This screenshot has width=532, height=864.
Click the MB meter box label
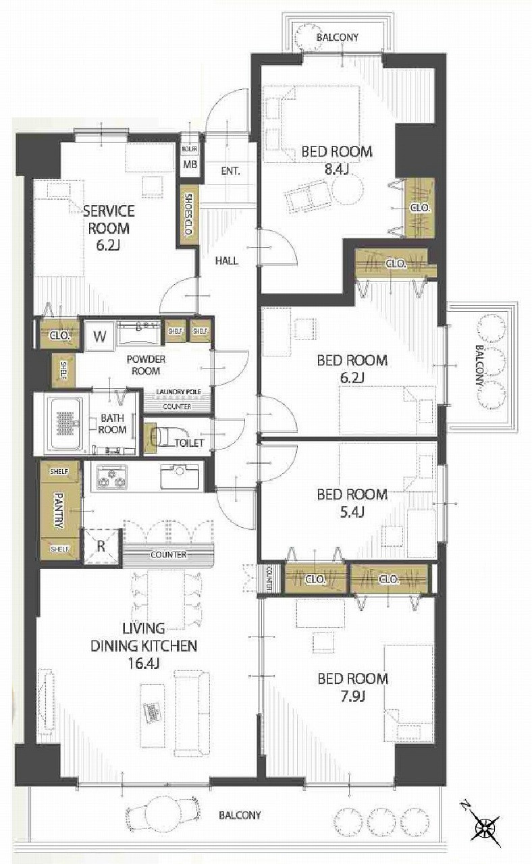(x=190, y=164)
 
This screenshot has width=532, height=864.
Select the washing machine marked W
(x=99, y=336)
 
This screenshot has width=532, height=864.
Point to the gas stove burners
(x=112, y=477)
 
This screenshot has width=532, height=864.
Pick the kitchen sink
(x=180, y=477)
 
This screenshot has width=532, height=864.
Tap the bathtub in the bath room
(x=66, y=424)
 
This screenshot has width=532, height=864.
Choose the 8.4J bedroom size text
(x=336, y=169)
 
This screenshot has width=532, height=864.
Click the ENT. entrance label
(x=230, y=171)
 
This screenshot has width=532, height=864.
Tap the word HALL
(x=226, y=261)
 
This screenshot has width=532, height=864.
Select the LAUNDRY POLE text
(x=178, y=392)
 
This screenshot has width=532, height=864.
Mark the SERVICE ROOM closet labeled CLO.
(x=60, y=335)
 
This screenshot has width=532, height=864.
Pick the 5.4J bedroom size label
(x=352, y=512)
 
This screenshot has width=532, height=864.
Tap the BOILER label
(x=190, y=149)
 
